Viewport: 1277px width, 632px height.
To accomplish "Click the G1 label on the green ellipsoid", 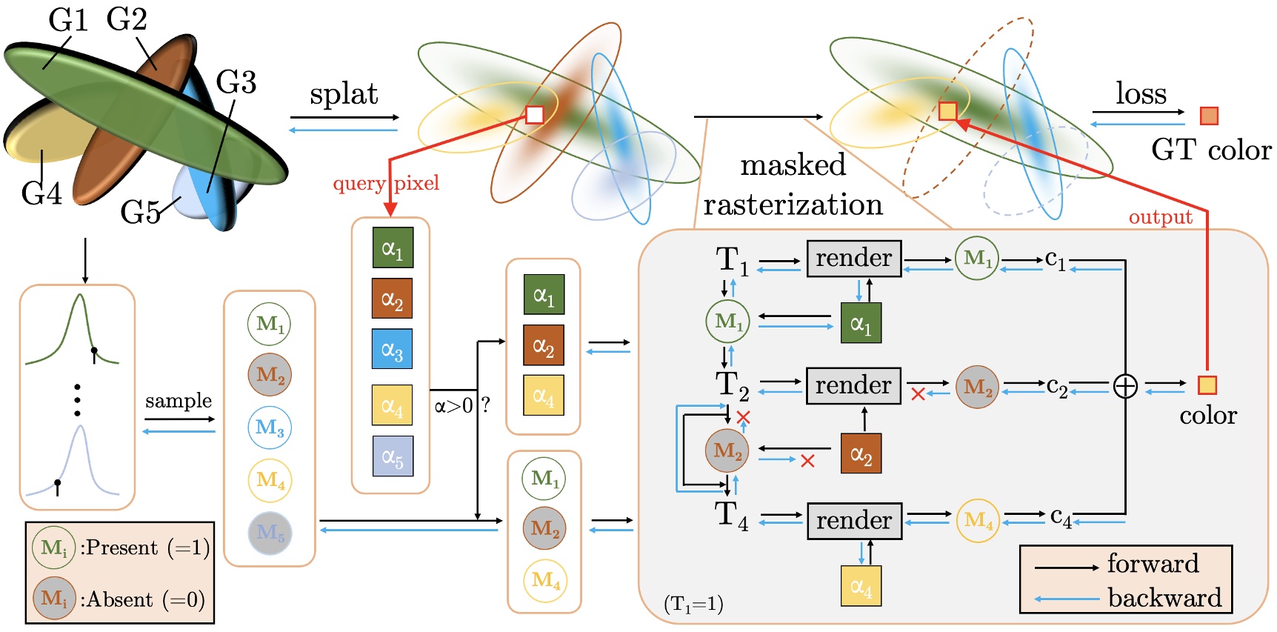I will pos(68,20).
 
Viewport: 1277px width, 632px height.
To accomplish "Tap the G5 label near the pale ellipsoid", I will pos(139,213).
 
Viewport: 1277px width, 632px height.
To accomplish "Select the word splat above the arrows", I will pos(344,94).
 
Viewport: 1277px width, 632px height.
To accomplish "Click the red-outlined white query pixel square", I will pos(534,114).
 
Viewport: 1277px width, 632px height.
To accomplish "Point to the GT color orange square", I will pos(1209,116).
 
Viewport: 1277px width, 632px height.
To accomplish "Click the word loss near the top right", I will pos(1141,93).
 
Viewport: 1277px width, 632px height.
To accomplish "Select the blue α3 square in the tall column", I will pos(392,349).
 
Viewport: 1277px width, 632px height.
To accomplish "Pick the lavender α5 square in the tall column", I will pos(393,456).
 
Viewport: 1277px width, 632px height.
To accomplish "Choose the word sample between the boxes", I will pos(179,401).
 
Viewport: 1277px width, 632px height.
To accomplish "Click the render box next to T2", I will pos(853,385).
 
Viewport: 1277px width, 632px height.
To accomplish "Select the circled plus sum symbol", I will pos(1125,386).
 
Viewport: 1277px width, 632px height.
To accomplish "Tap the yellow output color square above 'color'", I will pos(1207,385).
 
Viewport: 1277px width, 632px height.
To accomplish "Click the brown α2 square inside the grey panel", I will pos(861,453).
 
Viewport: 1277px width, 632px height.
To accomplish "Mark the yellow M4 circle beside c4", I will pos(978,521).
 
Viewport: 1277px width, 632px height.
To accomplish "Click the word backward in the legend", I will pos(1164,598).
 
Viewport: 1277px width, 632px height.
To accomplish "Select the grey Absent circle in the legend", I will pos(54,599).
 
